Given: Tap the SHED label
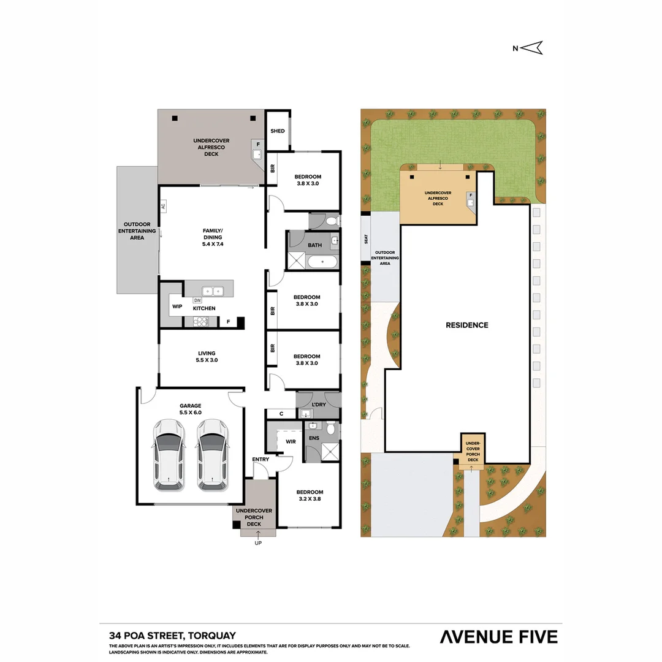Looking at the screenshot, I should click(278, 131).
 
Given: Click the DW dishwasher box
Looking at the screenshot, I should click(197, 300).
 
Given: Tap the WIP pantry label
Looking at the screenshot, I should click(177, 306).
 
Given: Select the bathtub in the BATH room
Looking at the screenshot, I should click(322, 263).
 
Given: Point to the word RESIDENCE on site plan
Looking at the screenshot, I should click(467, 325).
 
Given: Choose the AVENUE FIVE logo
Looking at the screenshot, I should click(499, 637).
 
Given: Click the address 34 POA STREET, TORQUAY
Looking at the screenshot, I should click(172, 636).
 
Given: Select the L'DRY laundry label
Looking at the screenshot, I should click(318, 405).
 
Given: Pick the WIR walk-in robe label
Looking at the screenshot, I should click(290, 441).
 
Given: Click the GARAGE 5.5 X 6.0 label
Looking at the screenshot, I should click(190, 409).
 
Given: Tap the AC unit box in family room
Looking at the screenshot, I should click(164, 207).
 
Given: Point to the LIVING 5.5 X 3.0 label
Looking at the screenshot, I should click(207, 357).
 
